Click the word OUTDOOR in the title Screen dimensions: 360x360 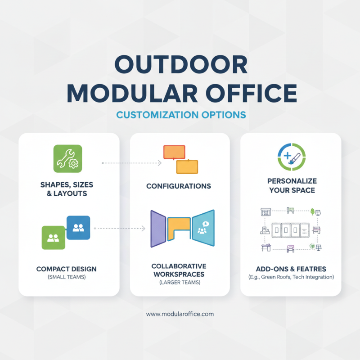tap(180, 66)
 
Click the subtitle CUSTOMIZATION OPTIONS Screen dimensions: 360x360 tap(180, 115)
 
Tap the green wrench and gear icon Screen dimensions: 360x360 tap(67, 159)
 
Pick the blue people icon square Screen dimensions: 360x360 tap(78, 228)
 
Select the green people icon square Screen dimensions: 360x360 tap(53, 238)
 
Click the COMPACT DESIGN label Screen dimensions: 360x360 tap(66, 269)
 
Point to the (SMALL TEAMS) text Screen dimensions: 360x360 tap(66, 277)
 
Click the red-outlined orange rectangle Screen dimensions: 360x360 tap(174, 152)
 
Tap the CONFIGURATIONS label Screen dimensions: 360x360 tap(179, 186)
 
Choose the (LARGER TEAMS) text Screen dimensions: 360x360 tap(179, 282)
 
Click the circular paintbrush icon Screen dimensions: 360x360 tap(290, 157)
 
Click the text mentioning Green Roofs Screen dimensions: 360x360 tap(292, 277)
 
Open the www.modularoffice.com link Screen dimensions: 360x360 tap(180, 314)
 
